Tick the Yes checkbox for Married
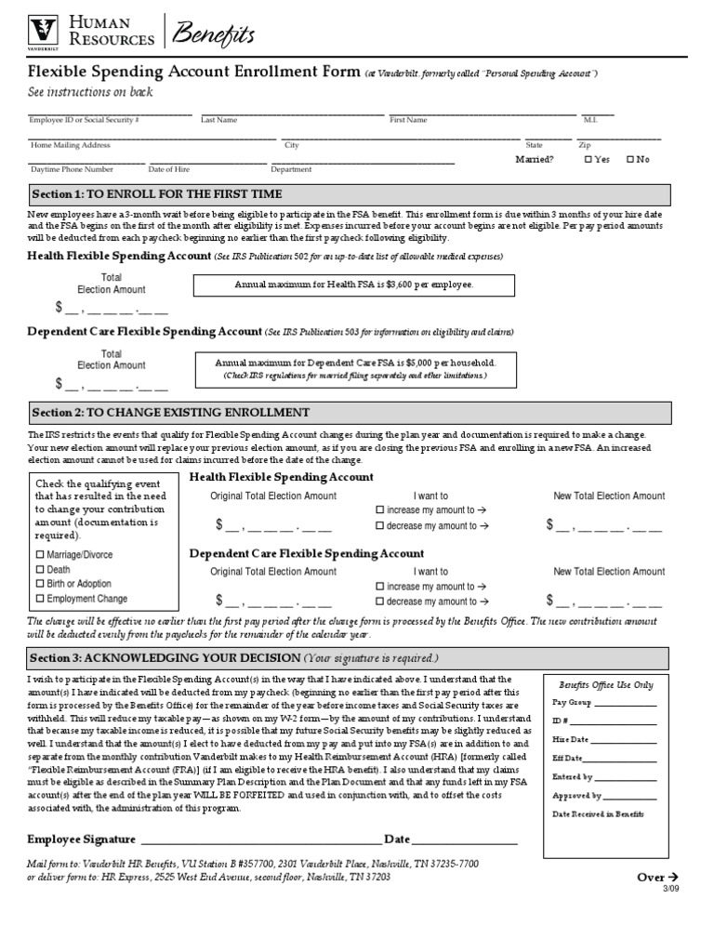(x=588, y=160)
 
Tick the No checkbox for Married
(x=630, y=160)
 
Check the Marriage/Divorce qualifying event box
(x=40, y=555)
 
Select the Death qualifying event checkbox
(x=40, y=570)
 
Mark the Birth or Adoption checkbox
(x=40, y=584)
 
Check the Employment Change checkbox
(x=40, y=599)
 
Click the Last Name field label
(x=219, y=120)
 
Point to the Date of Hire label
(x=168, y=169)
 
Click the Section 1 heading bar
(x=348, y=194)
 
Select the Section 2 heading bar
(x=348, y=412)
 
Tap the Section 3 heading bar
(x=348, y=657)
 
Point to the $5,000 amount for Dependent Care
(x=428, y=363)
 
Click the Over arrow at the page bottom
(x=658, y=877)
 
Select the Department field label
(x=291, y=169)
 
